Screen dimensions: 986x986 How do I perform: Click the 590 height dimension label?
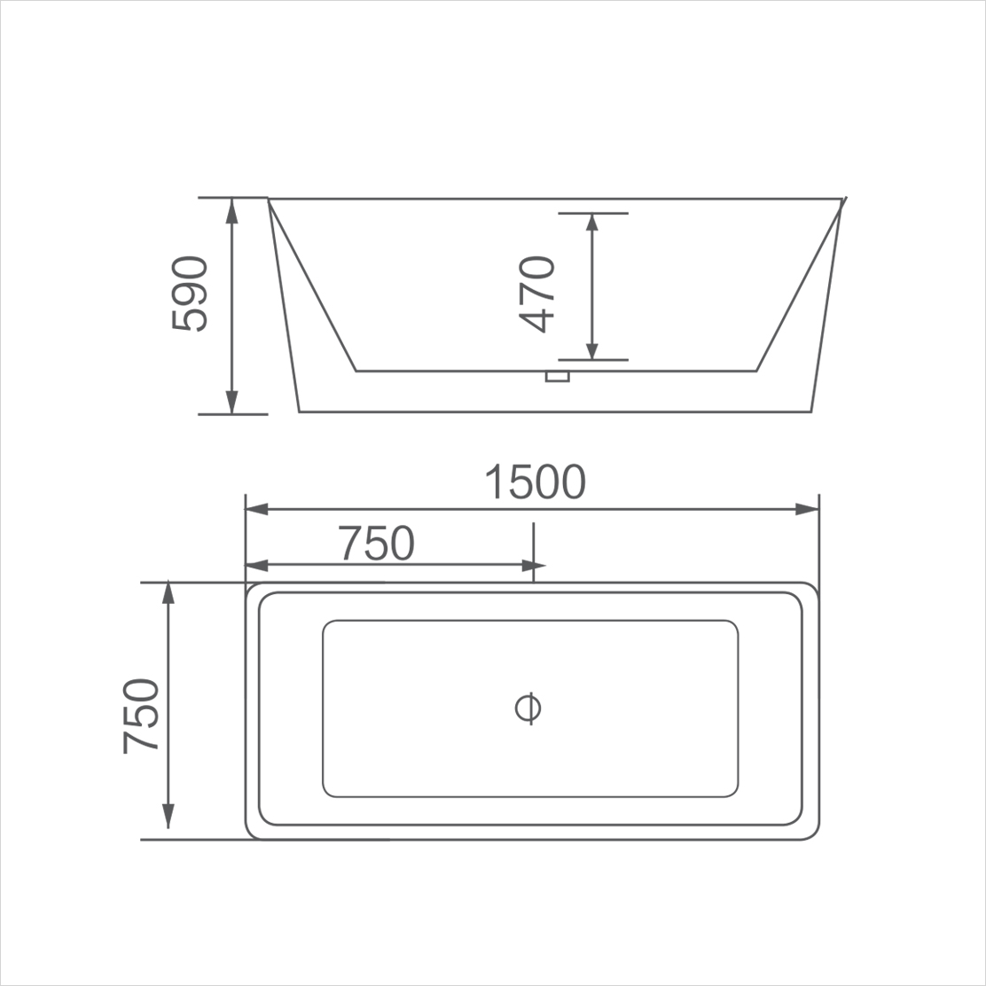[x=189, y=294]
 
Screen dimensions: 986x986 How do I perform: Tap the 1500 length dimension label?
[x=535, y=482]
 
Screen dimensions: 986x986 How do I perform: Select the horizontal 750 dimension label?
[x=377, y=544]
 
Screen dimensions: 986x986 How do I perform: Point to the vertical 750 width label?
[x=141, y=716]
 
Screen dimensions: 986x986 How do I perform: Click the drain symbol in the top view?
[x=528, y=708]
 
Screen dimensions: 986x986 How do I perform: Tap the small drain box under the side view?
[x=557, y=378]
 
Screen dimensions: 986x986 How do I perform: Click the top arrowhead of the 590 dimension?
[x=232, y=209]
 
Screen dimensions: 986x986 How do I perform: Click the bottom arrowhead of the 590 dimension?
[x=232, y=403]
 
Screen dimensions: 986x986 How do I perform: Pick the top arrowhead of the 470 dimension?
[x=592, y=223]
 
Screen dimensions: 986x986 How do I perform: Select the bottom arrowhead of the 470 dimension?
[x=592, y=349]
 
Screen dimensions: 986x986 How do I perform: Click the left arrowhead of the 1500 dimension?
[x=257, y=510]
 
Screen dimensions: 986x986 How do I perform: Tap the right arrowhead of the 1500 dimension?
[x=807, y=510]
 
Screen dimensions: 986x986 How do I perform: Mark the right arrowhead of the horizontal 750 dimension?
[x=534, y=566]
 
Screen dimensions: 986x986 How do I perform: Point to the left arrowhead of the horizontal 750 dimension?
[x=257, y=566]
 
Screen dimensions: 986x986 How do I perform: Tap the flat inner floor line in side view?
[x=443, y=371]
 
